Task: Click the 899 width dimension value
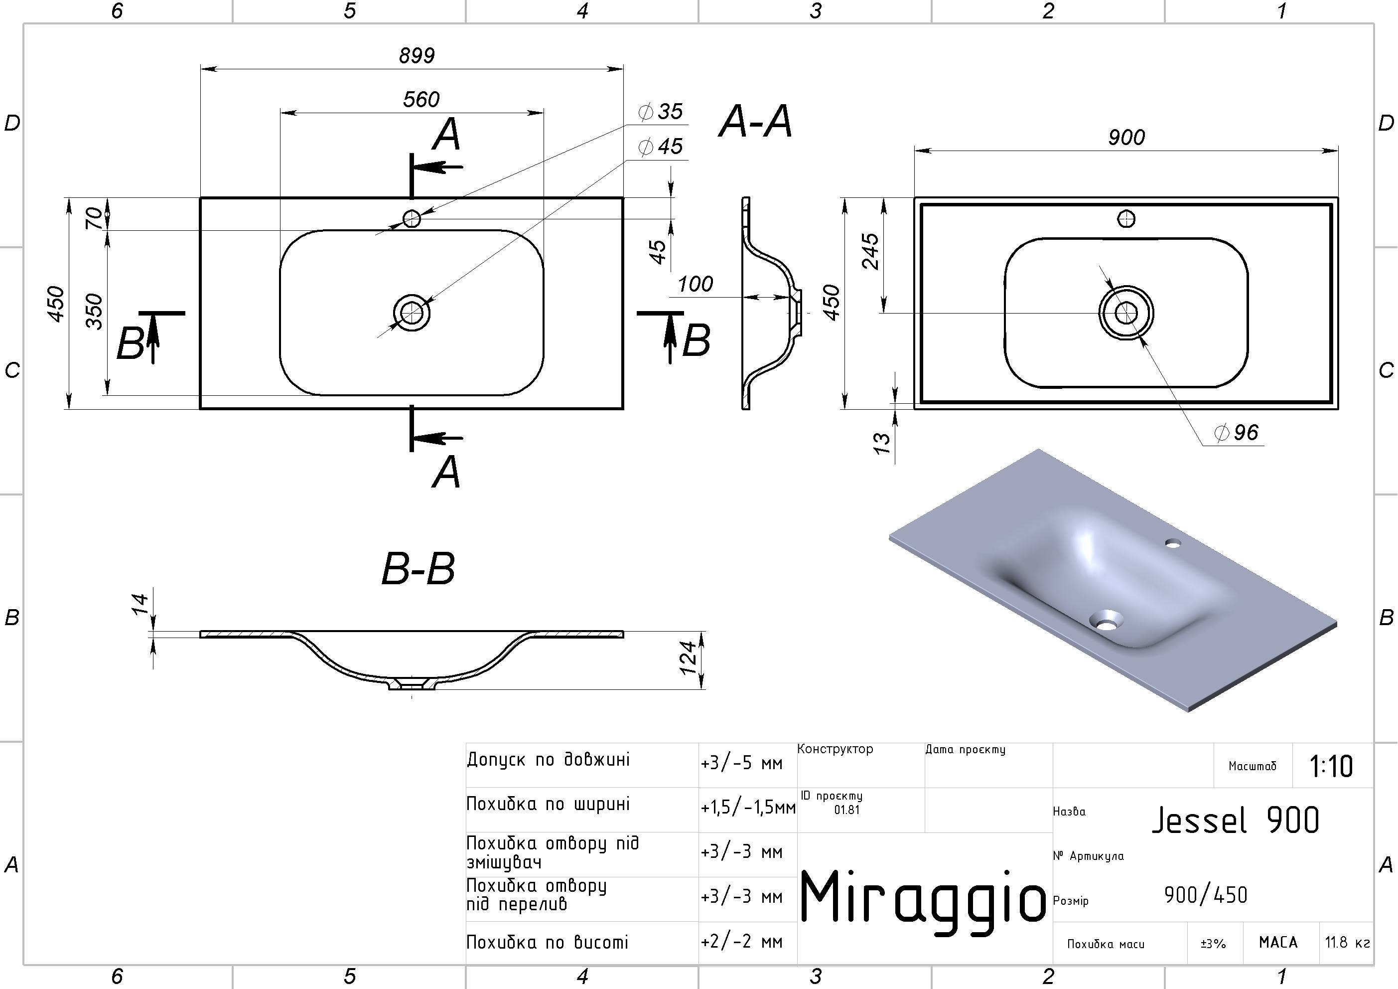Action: [417, 55]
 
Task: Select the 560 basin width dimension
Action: [421, 99]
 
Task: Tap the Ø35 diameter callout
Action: [661, 112]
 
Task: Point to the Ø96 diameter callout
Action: [1236, 433]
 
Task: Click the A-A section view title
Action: [756, 121]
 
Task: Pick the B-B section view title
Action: [419, 569]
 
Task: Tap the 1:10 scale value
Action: [1331, 767]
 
